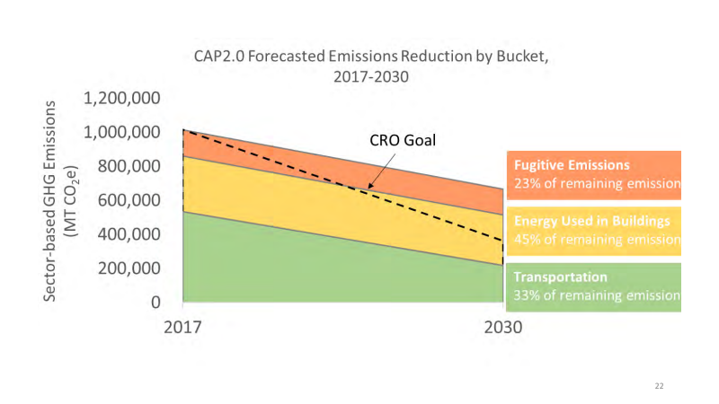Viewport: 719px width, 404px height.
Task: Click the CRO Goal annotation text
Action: click(x=403, y=141)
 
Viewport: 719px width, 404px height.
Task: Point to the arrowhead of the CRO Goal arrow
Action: click(x=369, y=188)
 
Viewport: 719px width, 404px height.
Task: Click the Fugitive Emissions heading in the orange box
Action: click(x=572, y=166)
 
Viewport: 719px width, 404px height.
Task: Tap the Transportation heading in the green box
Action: click(x=561, y=277)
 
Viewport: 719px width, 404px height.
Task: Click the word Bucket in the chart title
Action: click(x=517, y=56)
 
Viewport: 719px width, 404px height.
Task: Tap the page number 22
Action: click(x=659, y=385)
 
